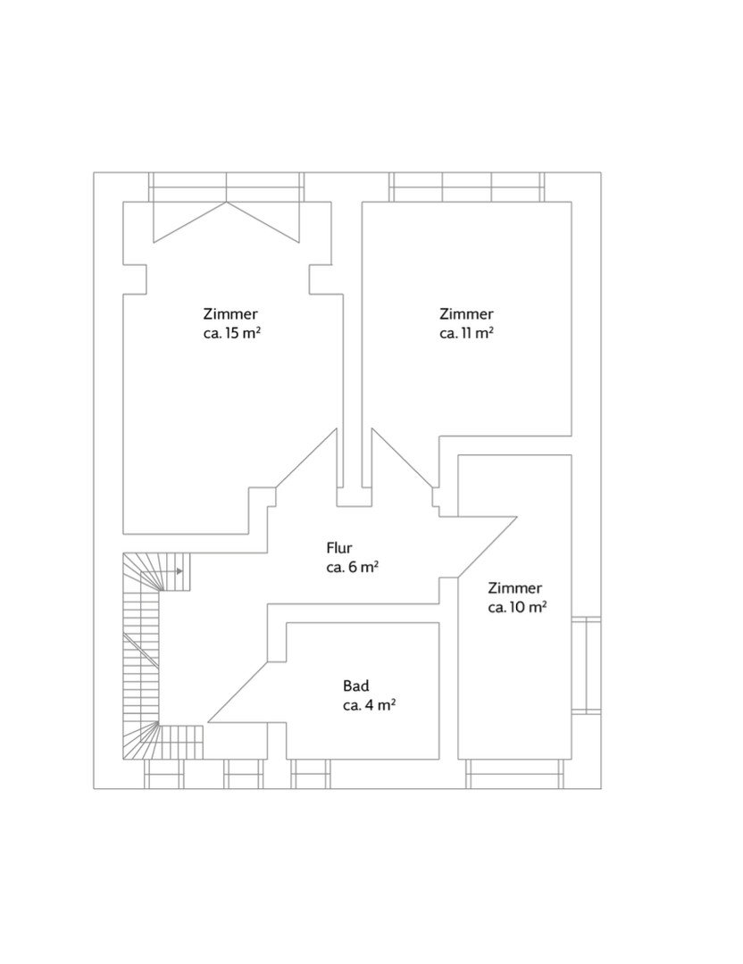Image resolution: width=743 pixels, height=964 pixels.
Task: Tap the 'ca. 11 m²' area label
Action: tap(467, 333)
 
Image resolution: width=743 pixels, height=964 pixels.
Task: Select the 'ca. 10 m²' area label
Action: tap(518, 608)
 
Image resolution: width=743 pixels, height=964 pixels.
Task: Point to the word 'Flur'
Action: tap(338, 548)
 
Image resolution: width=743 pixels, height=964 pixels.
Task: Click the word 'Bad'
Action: tap(356, 686)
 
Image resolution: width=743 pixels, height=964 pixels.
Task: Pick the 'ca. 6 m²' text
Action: tap(353, 567)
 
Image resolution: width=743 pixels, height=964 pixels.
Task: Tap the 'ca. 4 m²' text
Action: tap(369, 705)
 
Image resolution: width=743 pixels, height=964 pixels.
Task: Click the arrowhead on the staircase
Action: tap(179, 571)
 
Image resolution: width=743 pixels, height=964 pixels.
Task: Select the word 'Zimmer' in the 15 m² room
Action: tap(230, 314)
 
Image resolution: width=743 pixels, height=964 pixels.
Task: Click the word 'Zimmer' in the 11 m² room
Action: tap(466, 314)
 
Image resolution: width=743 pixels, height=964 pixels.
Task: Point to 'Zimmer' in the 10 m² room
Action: tap(514, 587)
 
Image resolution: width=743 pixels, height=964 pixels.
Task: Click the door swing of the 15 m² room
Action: tap(306, 458)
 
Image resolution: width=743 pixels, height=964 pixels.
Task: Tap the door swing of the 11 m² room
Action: tap(403, 458)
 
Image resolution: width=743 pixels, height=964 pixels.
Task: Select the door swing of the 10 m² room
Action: tap(487, 546)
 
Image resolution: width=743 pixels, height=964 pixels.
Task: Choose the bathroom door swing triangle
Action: tap(238, 693)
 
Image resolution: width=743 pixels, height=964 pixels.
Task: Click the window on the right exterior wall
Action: tap(586, 665)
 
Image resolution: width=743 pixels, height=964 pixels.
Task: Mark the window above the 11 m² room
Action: tap(467, 187)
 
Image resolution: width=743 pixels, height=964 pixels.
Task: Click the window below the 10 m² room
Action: tap(514, 774)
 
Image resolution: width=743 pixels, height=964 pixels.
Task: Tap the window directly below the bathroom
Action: tap(311, 774)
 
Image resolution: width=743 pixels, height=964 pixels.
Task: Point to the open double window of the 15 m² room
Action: tap(226, 207)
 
